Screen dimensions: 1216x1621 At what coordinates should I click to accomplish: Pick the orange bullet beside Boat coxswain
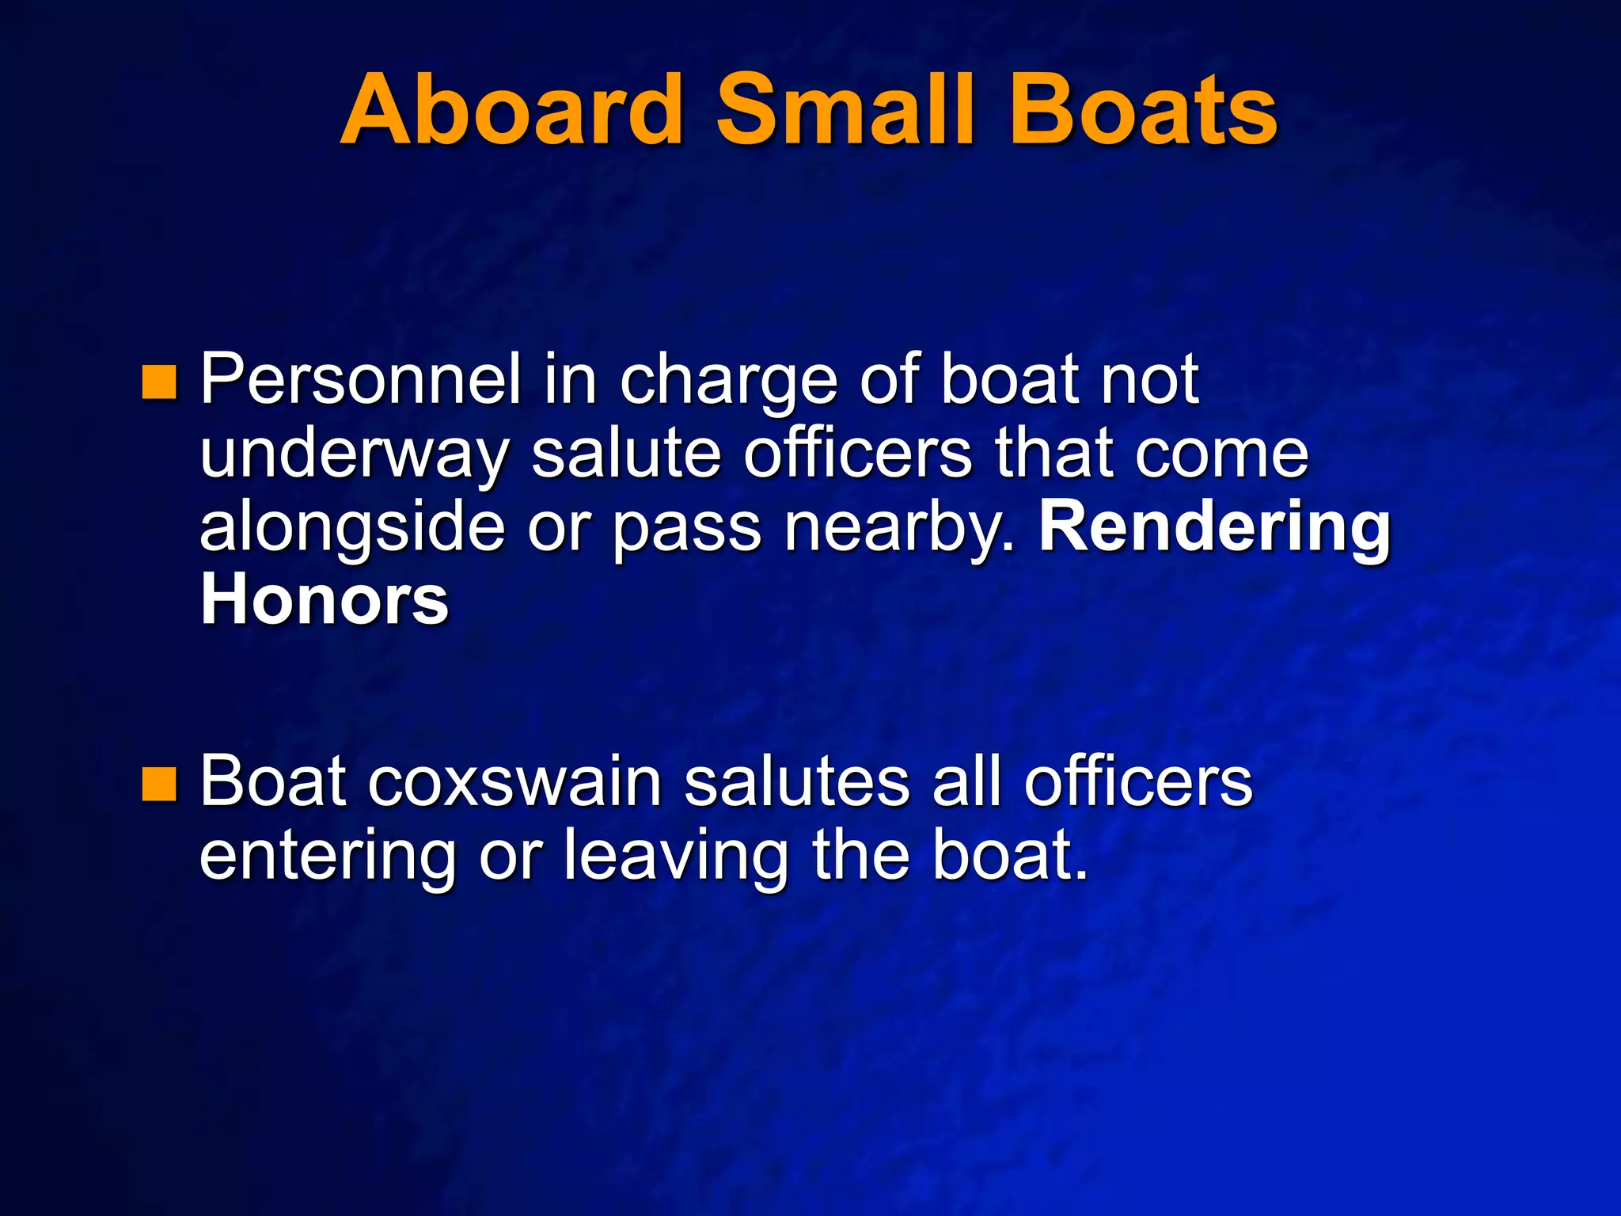click(158, 784)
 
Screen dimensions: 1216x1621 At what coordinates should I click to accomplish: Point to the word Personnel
click(360, 380)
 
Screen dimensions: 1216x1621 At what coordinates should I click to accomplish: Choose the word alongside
click(352, 529)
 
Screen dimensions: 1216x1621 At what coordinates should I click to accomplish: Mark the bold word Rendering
click(1214, 529)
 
